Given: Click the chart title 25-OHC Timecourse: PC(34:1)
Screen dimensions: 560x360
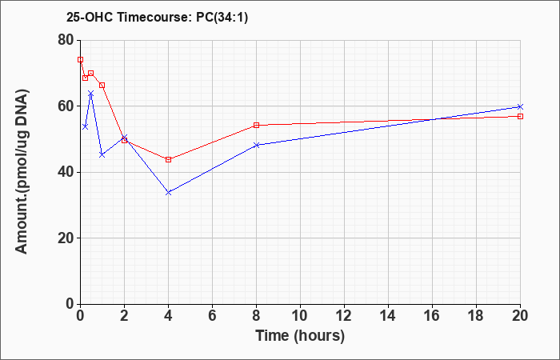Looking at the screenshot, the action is [x=157, y=17].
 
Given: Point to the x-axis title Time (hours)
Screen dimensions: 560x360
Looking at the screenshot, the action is [x=300, y=336].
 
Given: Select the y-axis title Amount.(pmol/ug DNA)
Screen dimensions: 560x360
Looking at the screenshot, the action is [x=22, y=172].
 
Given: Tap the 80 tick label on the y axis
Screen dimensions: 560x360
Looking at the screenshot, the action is [x=66, y=40].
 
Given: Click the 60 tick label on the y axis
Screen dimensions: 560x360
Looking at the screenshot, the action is [x=66, y=106].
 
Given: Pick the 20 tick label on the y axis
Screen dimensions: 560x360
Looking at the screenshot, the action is [x=66, y=238].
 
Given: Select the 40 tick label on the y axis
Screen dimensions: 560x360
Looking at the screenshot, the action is [x=66, y=172].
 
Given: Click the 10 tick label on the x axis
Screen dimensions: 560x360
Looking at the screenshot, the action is [x=300, y=316].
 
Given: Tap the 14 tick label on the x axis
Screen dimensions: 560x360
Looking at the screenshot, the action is [x=388, y=316].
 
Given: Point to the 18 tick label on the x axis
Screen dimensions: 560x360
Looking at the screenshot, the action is [x=476, y=316].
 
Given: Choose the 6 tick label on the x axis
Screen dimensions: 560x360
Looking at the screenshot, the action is [x=212, y=316].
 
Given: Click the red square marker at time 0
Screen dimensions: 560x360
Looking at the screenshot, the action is [x=80, y=60].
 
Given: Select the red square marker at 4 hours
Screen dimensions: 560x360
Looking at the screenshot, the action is [x=168, y=160].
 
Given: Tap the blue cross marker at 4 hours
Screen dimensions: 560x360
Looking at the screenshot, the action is [x=168, y=193].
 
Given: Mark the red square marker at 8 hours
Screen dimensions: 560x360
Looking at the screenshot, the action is [x=257, y=126].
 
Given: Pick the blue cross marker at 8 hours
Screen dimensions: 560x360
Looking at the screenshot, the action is [x=257, y=145].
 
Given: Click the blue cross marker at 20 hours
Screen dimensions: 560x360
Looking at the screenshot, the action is [x=520, y=106].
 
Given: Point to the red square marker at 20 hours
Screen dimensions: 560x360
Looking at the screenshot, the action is [x=520, y=117].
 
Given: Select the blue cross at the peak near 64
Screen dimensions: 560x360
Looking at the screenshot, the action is [x=90, y=94].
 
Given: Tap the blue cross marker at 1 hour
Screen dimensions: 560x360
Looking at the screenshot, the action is [x=102, y=154].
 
